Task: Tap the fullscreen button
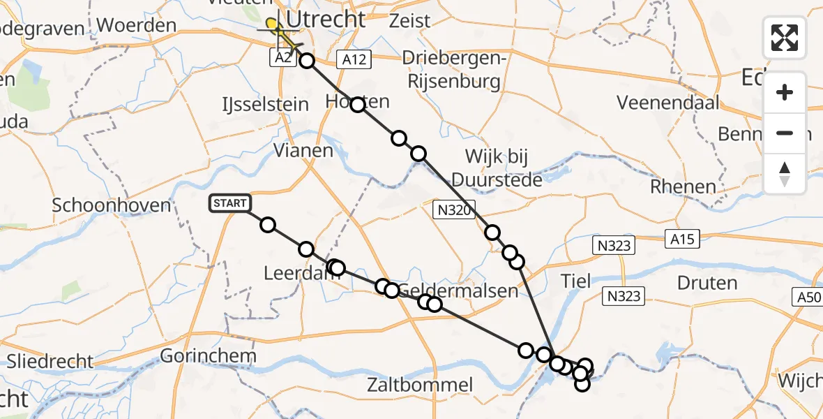785,37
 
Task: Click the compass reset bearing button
785,174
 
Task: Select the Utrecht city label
326,20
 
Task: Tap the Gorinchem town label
208,356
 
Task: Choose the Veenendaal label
667,103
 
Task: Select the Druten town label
707,283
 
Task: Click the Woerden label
137,27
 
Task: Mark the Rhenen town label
683,187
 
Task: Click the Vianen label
303,150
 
